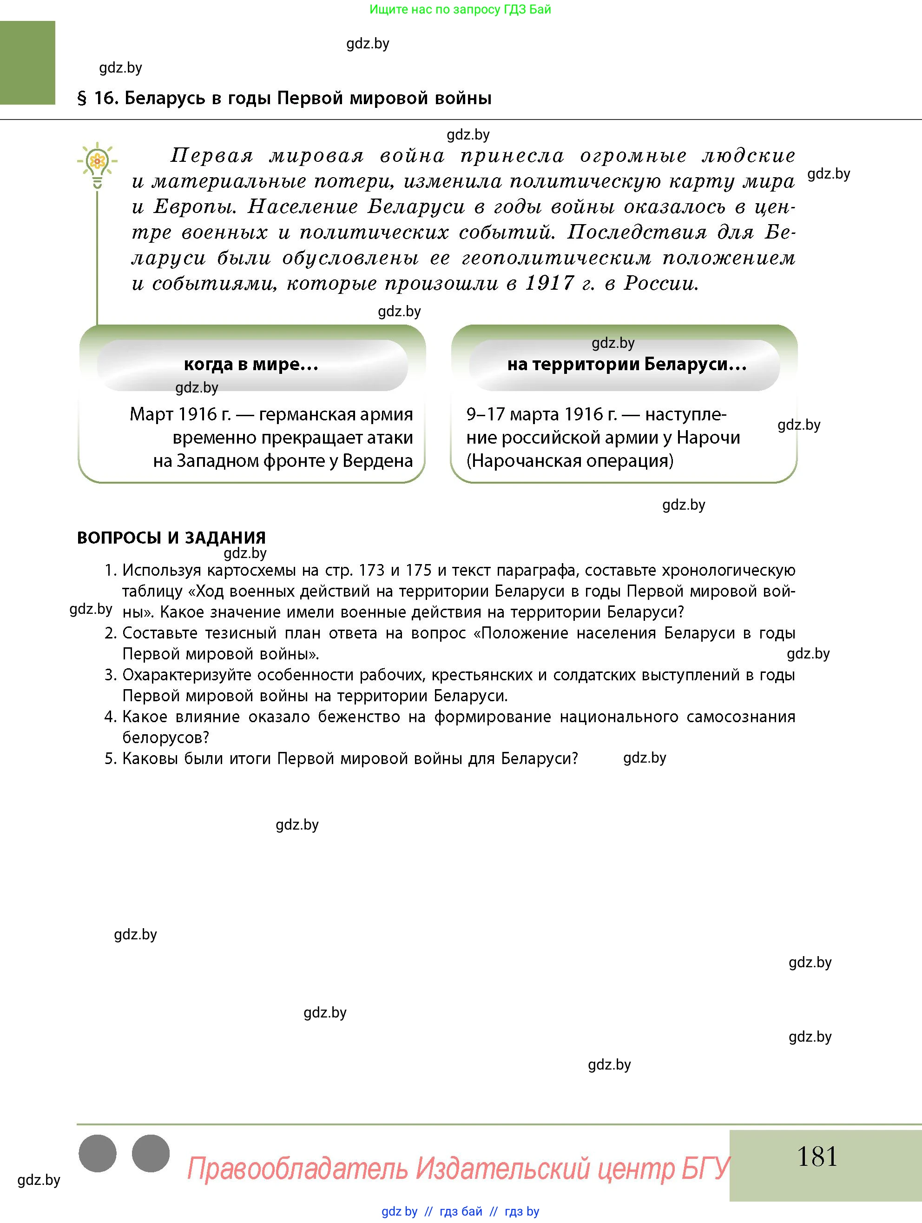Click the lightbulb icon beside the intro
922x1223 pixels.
tap(97, 164)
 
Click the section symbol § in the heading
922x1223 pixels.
tap(82, 99)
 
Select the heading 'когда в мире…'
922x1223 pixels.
tap(251, 365)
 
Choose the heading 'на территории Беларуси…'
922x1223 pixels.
tap(626, 365)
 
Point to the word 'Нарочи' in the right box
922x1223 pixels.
tap(708, 437)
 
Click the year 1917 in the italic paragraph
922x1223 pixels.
tap(549, 283)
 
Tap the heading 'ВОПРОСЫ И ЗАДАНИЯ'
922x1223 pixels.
tap(171, 538)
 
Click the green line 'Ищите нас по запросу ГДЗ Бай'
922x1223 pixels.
tap(460, 9)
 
